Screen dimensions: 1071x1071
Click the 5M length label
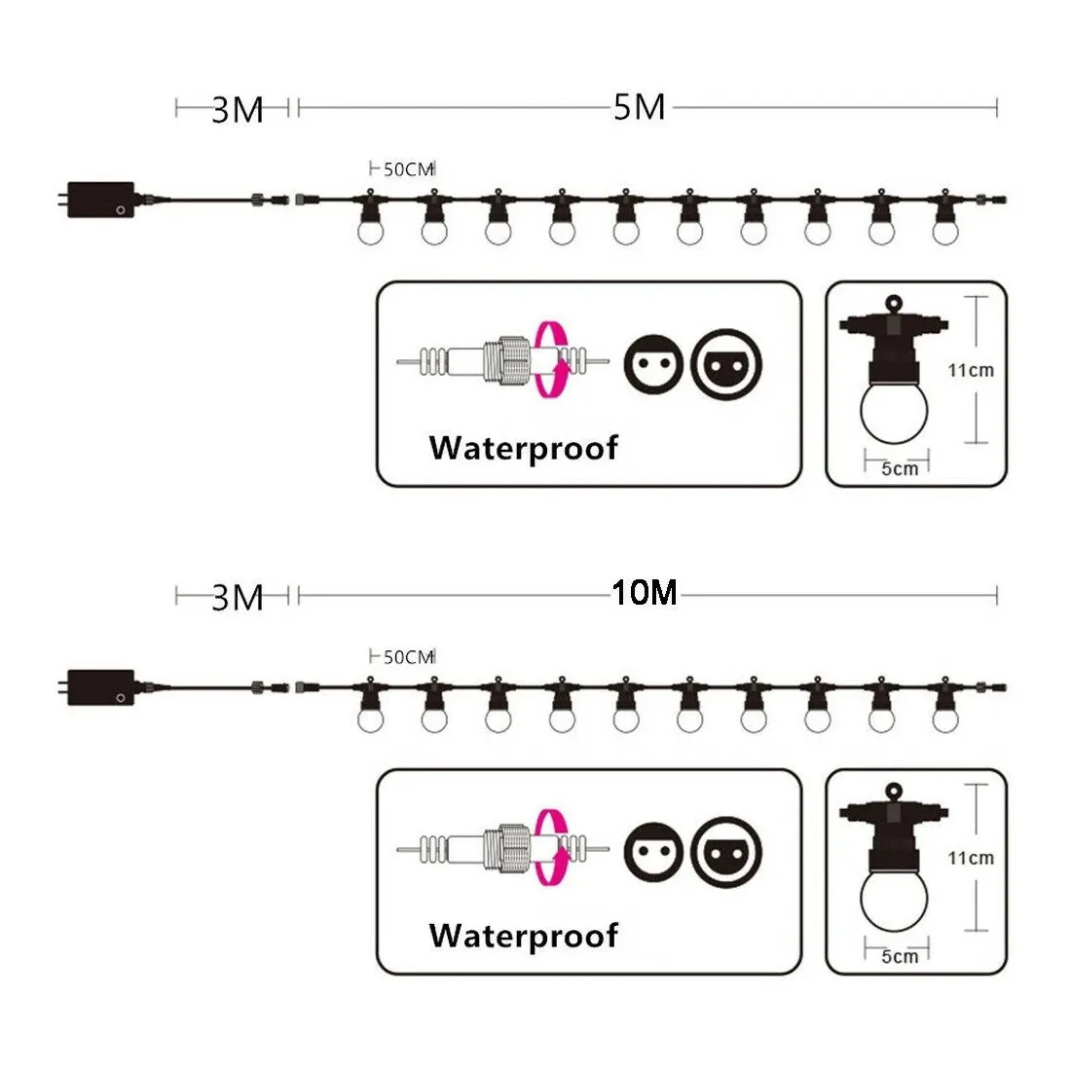(639, 107)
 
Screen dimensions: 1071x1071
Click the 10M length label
(645, 593)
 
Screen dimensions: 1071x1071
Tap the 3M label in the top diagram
(237, 110)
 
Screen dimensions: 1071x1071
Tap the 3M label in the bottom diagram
(237, 598)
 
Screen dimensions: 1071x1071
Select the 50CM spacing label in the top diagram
(409, 169)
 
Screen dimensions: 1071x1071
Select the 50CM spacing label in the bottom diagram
(409, 657)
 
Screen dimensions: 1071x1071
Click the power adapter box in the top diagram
(100, 200)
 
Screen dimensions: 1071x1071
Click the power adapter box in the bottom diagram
(100, 687)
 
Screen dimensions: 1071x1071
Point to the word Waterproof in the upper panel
(523, 449)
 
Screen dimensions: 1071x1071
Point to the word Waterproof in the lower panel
(523, 937)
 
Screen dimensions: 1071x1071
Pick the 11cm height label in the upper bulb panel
(971, 370)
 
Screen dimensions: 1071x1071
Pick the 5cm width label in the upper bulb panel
(900, 468)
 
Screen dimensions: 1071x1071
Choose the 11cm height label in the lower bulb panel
(971, 858)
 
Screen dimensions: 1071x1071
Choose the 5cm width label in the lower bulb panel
(900, 956)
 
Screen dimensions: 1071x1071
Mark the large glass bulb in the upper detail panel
(894, 413)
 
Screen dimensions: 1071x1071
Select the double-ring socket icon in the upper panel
(725, 364)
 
